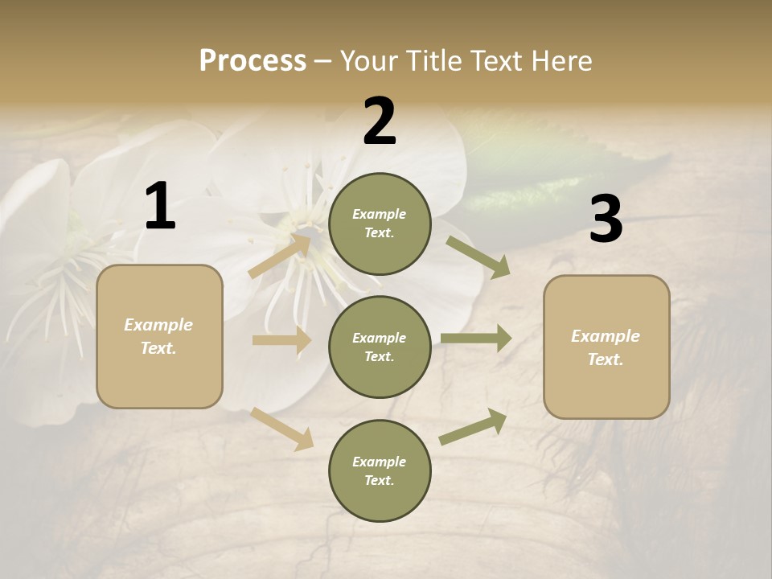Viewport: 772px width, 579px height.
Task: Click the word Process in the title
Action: coord(253,61)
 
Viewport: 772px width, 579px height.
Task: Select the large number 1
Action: coord(160,207)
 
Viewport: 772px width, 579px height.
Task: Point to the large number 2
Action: coord(380,121)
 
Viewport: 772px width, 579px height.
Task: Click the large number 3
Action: coord(606,220)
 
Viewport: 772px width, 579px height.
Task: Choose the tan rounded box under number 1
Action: coord(159,336)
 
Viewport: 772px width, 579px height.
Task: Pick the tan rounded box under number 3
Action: coord(606,347)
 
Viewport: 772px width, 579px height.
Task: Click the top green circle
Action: coord(380,224)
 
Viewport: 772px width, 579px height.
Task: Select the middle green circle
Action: coord(380,347)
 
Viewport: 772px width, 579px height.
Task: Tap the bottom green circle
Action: coord(380,470)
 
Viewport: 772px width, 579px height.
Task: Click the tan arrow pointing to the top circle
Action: coord(280,255)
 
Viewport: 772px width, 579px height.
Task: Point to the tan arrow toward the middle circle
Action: coord(281,340)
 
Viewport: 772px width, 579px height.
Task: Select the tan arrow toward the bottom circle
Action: coord(282,429)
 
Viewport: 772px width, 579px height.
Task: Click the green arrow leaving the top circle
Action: coord(478,257)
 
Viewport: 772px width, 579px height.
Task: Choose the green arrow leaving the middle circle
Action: coord(476,338)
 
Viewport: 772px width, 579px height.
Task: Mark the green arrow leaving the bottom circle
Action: coord(473,426)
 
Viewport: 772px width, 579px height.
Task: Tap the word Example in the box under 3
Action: coord(606,336)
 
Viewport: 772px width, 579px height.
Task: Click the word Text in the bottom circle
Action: coord(378,480)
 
